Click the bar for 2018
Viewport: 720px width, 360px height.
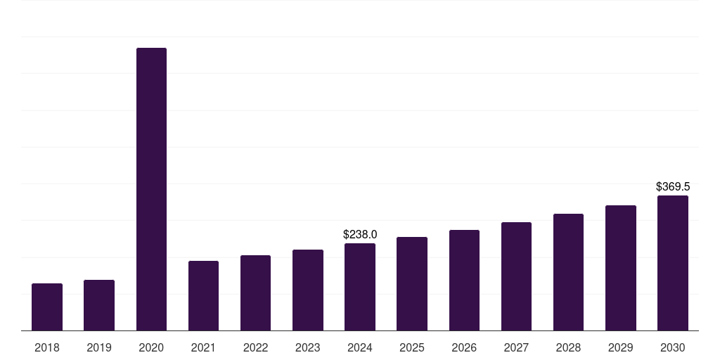click(x=47, y=307)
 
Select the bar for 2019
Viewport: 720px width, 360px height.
click(x=99, y=305)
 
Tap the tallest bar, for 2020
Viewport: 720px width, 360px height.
click(x=152, y=189)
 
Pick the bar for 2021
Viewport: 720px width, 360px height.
click(x=203, y=296)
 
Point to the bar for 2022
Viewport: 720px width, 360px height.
click(x=255, y=293)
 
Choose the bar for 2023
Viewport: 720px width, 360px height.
click(x=308, y=290)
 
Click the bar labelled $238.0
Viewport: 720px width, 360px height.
click(x=360, y=287)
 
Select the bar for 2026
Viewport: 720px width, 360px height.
click(x=464, y=280)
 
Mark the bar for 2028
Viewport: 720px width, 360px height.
click(x=568, y=272)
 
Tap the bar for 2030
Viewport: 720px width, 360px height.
click(x=673, y=263)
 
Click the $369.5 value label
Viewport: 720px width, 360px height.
click(x=673, y=186)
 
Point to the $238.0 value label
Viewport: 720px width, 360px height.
click(x=360, y=234)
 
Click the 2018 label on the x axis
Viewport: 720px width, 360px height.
click(x=47, y=347)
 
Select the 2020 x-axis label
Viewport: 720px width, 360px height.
click(x=151, y=347)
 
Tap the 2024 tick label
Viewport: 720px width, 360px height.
click(x=360, y=347)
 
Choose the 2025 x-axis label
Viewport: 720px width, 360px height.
click(x=412, y=347)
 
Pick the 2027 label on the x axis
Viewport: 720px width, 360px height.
click(x=516, y=347)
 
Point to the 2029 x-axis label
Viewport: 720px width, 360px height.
click(x=620, y=347)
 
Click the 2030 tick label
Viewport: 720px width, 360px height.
click(x=673, y=347)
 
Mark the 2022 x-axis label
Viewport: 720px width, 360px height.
click(x=255, y=347)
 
